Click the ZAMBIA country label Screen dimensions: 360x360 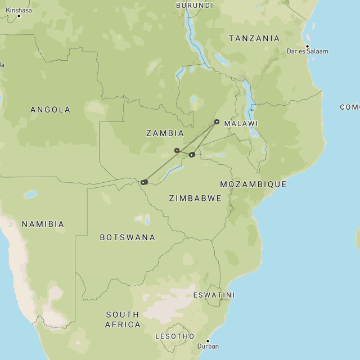click(x=165, y=133)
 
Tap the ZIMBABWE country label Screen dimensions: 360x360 click(x=195, y=199)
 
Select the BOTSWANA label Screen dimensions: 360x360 click(x=127, y=237)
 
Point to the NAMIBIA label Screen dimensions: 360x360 click(x=43, y=224)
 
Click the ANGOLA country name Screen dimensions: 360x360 click(x=50, y=110)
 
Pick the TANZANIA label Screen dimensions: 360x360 click(x=254, y=38)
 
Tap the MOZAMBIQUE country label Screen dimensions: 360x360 click(x=253, y=184)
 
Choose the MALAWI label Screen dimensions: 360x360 click(x=241, y=123)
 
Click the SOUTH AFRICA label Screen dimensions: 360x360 click(x=123, y=319)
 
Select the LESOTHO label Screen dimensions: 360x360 click(x=174, y=336)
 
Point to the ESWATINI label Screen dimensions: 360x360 click(x=214, y=295)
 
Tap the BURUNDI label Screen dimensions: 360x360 click(x=195, y=5)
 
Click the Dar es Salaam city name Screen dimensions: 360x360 click(x=307, y=51)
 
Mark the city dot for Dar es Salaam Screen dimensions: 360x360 click(x=307, y=46)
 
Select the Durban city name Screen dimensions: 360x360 click(x=208, y=346)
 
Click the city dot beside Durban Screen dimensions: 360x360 click(x=208, y=341)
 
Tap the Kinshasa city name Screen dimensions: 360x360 click(x=19, y=10)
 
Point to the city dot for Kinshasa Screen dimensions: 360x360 click(x=19, y=16)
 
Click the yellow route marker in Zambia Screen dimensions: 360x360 click(x=177, y=150)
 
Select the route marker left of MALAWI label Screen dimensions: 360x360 click(x=217, y=121)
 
